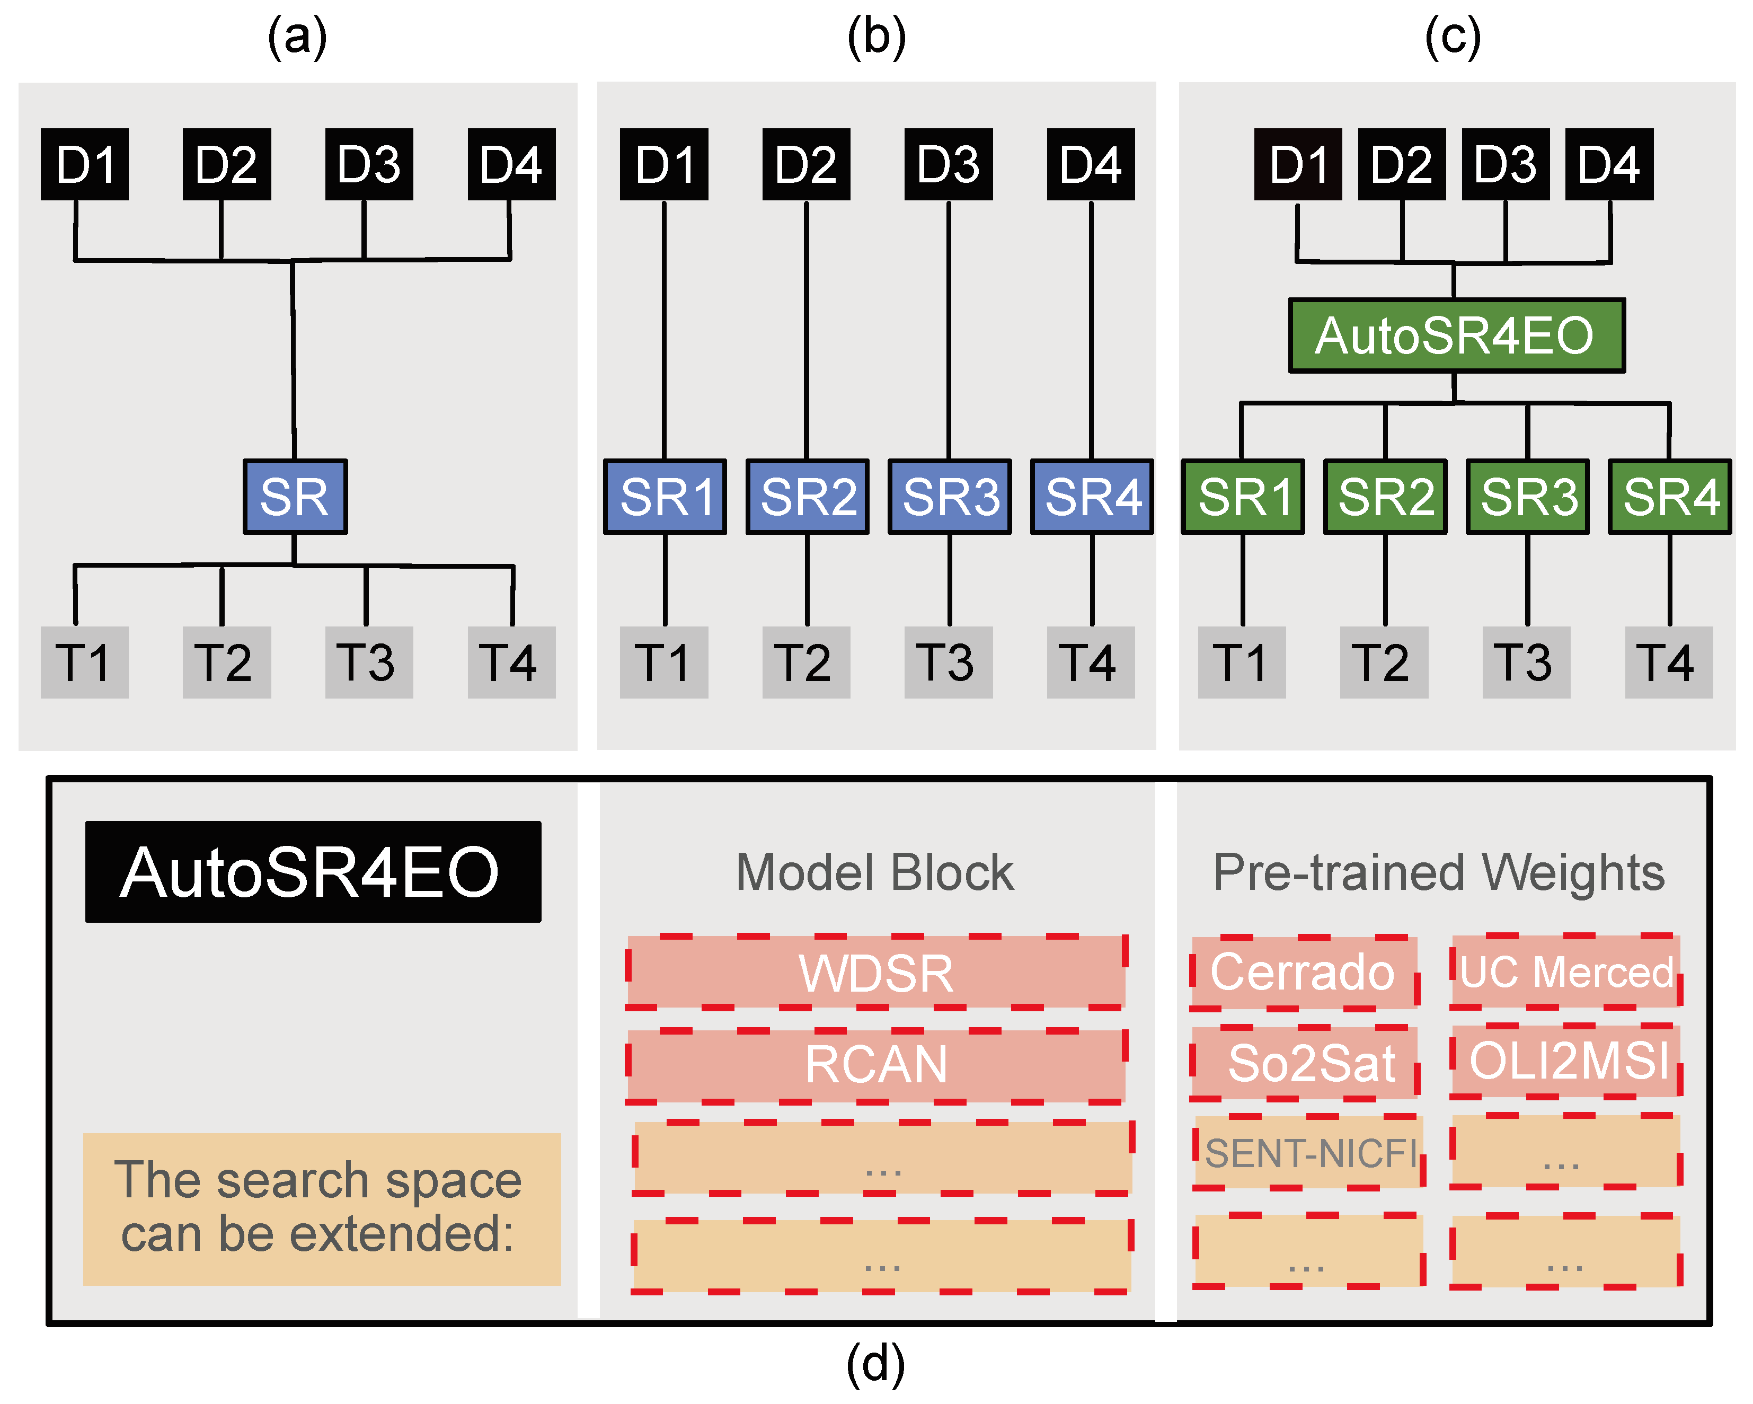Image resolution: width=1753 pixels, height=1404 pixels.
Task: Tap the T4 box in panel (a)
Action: (x=511, y=661)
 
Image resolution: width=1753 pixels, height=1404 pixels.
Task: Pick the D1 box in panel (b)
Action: (x=663, y=164)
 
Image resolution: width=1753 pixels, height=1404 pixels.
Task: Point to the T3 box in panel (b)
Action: (x=948, y=661)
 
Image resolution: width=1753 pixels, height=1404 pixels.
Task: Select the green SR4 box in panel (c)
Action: (x=1669, y=496)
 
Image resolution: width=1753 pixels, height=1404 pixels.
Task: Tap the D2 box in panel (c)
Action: (x=1401, y=164)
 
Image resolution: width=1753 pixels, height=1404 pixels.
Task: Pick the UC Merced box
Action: (x=1565, y=972)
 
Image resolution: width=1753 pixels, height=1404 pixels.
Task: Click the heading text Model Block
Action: (x=875, y=873)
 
